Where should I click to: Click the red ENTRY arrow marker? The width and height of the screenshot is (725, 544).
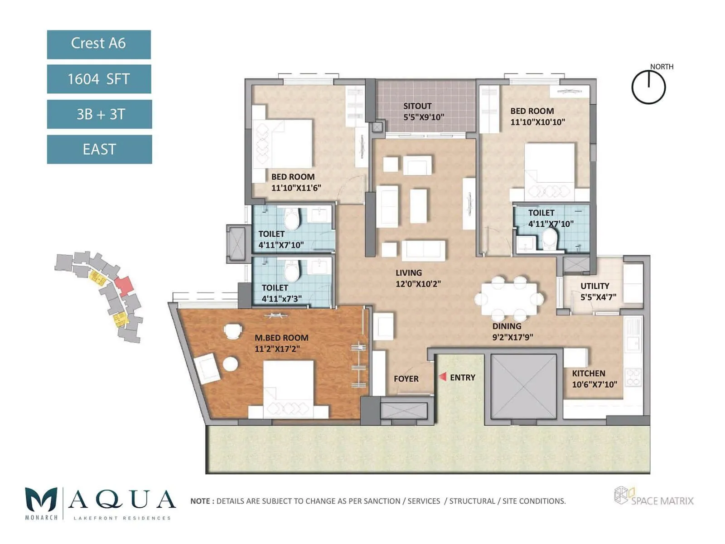coord(443,377)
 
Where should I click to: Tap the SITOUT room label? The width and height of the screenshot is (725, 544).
coord(417,106)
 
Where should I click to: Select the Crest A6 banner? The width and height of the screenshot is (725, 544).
coord(99,44)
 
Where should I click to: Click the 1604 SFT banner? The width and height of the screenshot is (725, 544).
coord(99,79)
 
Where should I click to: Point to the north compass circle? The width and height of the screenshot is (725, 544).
coord(648,87)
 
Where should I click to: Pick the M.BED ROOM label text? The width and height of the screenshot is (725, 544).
coord(281,338)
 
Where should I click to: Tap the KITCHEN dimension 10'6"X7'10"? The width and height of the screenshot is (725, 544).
coord(594,384)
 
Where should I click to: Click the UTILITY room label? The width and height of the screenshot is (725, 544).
coord(594,286)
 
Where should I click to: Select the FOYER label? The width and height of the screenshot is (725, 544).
coord(406,379)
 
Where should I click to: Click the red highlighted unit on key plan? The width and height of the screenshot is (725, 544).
coord(124,285)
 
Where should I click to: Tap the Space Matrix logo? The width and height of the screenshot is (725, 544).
coord(653,496)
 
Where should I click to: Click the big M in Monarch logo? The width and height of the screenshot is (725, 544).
coord(41,500)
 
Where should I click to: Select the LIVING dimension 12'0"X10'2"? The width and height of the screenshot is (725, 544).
coord(418,284)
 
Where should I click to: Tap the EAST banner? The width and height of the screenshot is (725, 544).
coord(99,149)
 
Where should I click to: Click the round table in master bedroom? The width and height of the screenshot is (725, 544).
coord(230,364)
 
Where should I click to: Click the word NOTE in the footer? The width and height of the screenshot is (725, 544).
coord(200,501)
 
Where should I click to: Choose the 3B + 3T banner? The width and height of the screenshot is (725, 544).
coord(99,114)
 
